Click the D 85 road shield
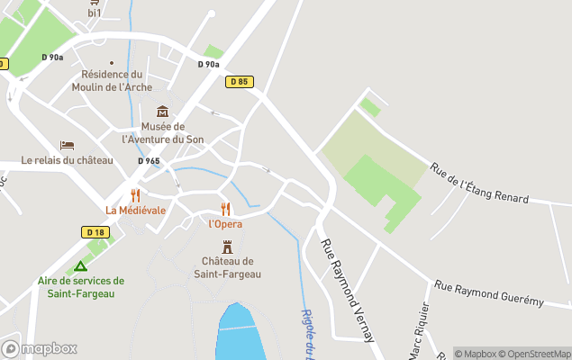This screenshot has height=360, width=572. tap(239, 82)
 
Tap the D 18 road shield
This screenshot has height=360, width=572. tap(95, 232)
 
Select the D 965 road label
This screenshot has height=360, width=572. tap(149, 161)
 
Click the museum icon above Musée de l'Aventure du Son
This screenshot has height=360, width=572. tap(163, 112)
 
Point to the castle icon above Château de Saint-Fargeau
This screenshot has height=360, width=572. tap(227, 246)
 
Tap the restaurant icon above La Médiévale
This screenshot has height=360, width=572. tap(136, 195)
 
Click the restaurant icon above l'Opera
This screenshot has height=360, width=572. tap(225, 209)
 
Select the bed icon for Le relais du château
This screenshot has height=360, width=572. tap(67, 146)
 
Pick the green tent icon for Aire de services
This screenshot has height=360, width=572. tap(80, 266)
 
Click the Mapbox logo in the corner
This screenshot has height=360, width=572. tap(40, 348)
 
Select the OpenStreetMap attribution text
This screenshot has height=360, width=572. tap(535, 354)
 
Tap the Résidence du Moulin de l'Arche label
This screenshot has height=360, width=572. tap(113, 81)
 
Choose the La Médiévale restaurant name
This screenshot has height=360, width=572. tap(135, 211)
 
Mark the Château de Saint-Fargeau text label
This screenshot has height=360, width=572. tap(227, 267)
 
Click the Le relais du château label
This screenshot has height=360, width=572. tap(68, 160)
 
